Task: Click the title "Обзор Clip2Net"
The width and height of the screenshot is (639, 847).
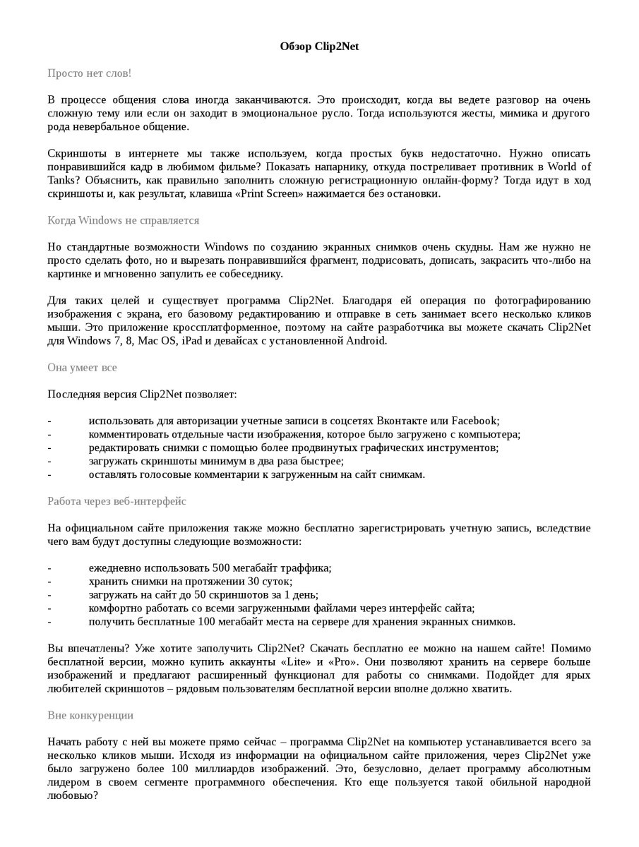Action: coord(319,47)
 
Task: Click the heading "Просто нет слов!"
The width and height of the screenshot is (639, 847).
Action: coord(89,73)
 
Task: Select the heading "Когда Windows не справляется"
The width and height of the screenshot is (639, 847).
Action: coord(123,220)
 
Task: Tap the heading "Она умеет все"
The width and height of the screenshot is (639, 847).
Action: coord(82,368)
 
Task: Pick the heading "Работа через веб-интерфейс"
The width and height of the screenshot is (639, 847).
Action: coord(117,501)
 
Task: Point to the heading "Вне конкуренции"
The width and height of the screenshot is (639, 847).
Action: coord(90,715)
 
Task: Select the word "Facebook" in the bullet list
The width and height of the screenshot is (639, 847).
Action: coord(474,421)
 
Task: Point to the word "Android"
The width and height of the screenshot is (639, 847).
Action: coord(365,341)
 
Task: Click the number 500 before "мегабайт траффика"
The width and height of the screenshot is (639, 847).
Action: coord(220,568)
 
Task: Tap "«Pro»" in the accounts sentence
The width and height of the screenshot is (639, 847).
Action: coord(344,662)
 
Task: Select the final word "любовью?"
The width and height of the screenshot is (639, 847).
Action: coord(72,795)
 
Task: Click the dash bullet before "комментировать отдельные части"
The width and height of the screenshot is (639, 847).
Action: coord(49,435)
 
